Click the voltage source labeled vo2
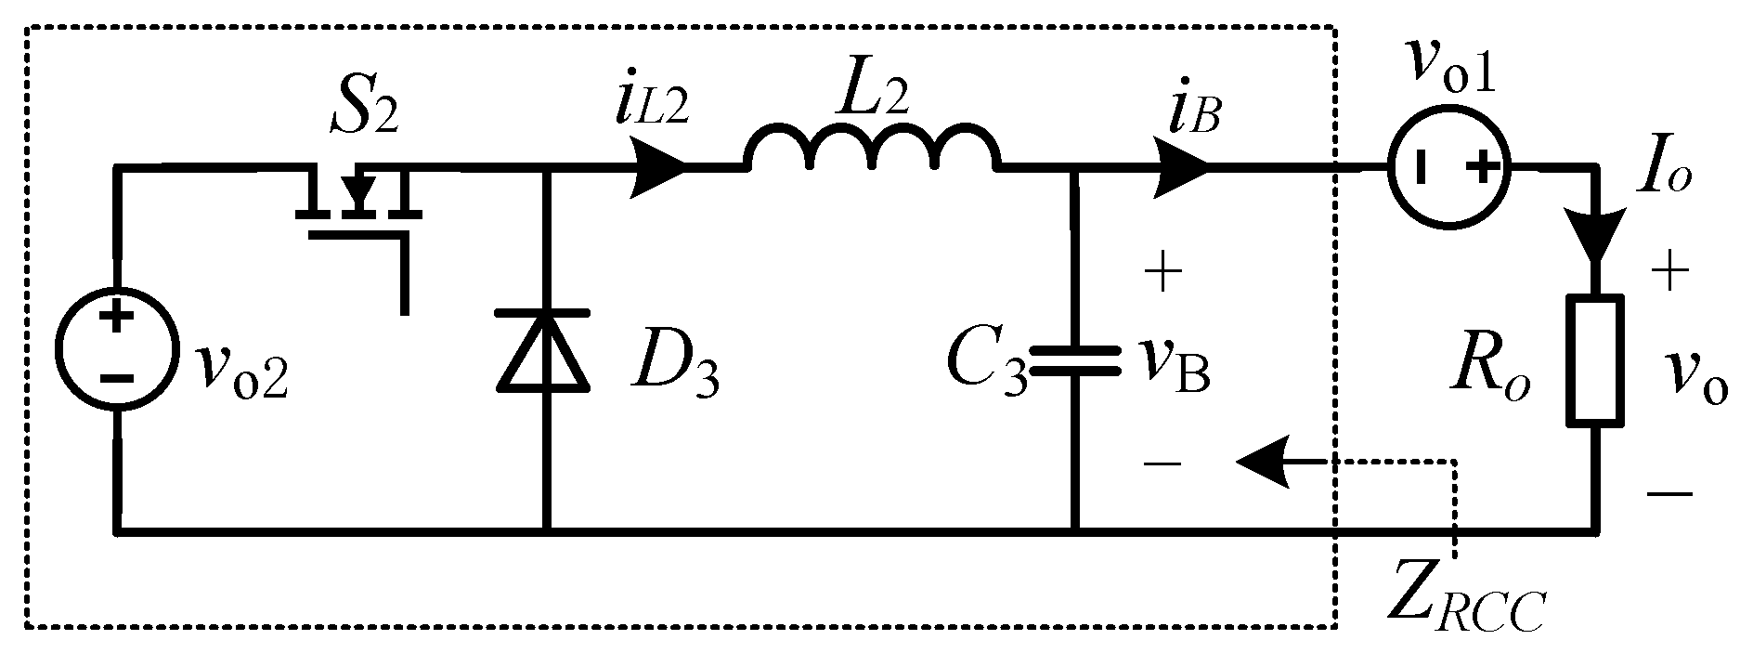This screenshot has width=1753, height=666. click(115, 348)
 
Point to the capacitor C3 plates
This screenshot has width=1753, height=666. click(1074, 359)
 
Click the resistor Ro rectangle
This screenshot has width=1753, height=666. click(1595, 360)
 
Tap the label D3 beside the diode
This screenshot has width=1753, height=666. click(674, 372)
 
